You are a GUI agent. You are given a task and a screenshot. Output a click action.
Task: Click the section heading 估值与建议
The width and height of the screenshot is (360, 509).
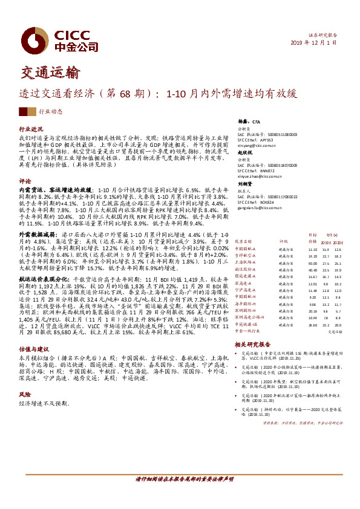(33, 365)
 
